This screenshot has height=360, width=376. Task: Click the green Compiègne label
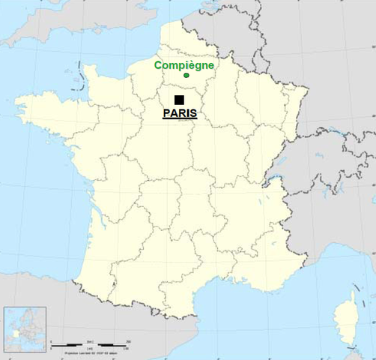(184, 65)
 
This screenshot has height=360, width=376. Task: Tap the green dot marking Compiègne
(186, 75)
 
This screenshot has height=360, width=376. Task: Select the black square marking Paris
(179, 100)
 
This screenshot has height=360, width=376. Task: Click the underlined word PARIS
(180, 113)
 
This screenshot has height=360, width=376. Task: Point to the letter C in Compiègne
(159, 65)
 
